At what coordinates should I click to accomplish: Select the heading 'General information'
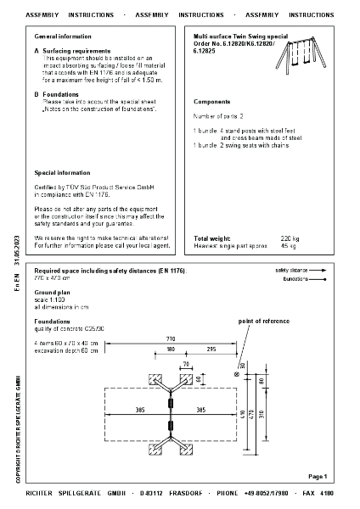tap(63, 37)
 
